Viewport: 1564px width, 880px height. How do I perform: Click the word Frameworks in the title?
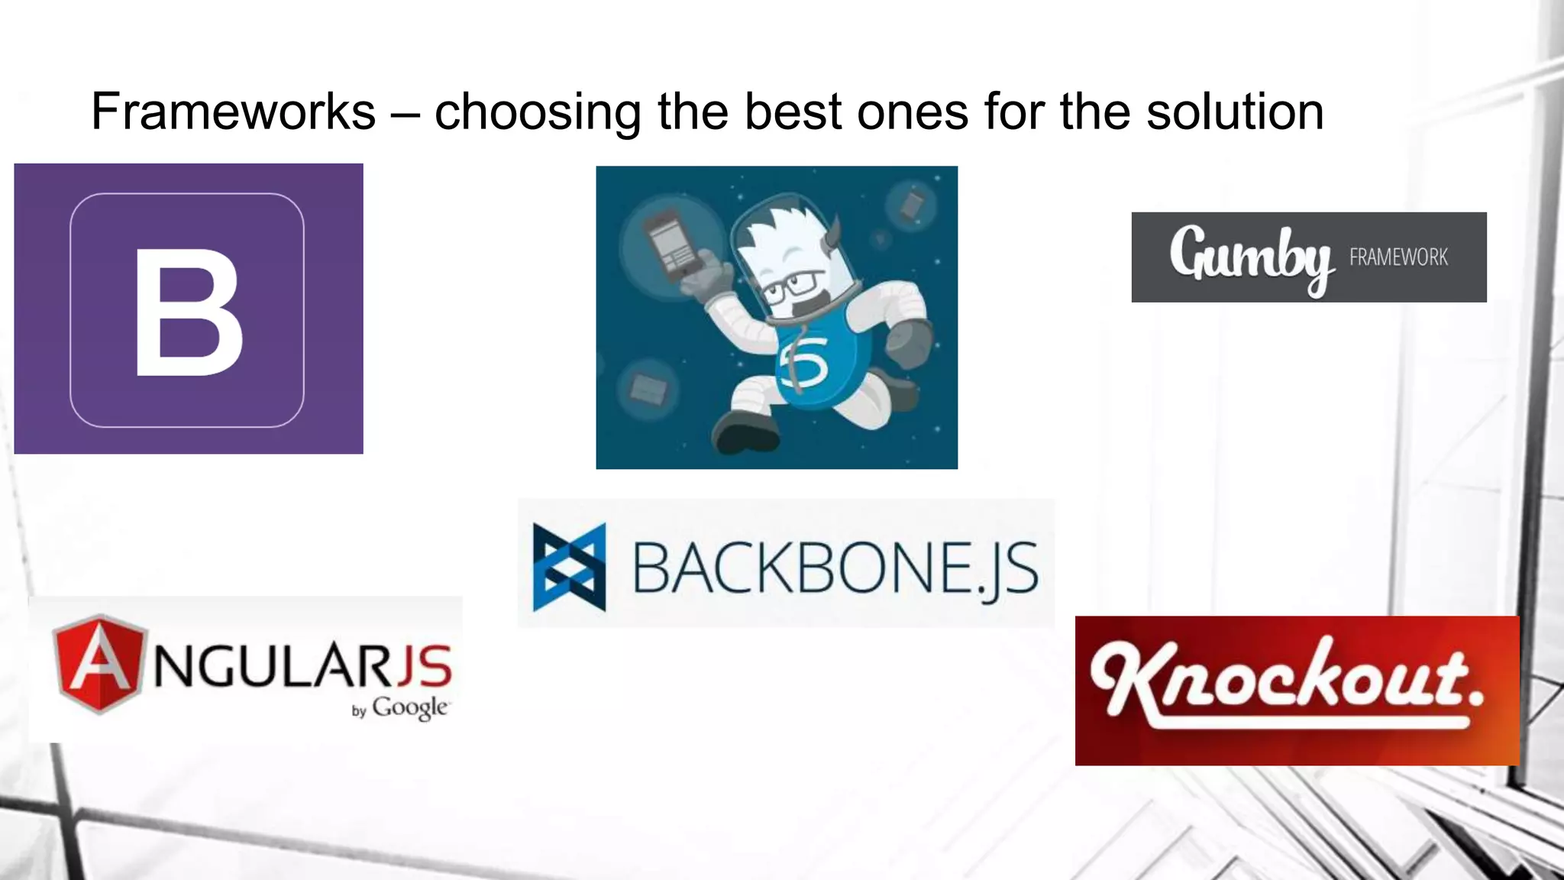(x=233, y=112)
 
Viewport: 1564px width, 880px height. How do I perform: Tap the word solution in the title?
(x=1235, y=112)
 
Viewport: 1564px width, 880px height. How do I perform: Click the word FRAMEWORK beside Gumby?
(x=1398, y=257)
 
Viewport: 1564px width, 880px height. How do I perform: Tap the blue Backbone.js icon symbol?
(x=569, y=567)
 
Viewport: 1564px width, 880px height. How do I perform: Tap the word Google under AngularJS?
(x=409, y=707)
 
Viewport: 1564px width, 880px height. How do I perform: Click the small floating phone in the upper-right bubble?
(x=912, y=205)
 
